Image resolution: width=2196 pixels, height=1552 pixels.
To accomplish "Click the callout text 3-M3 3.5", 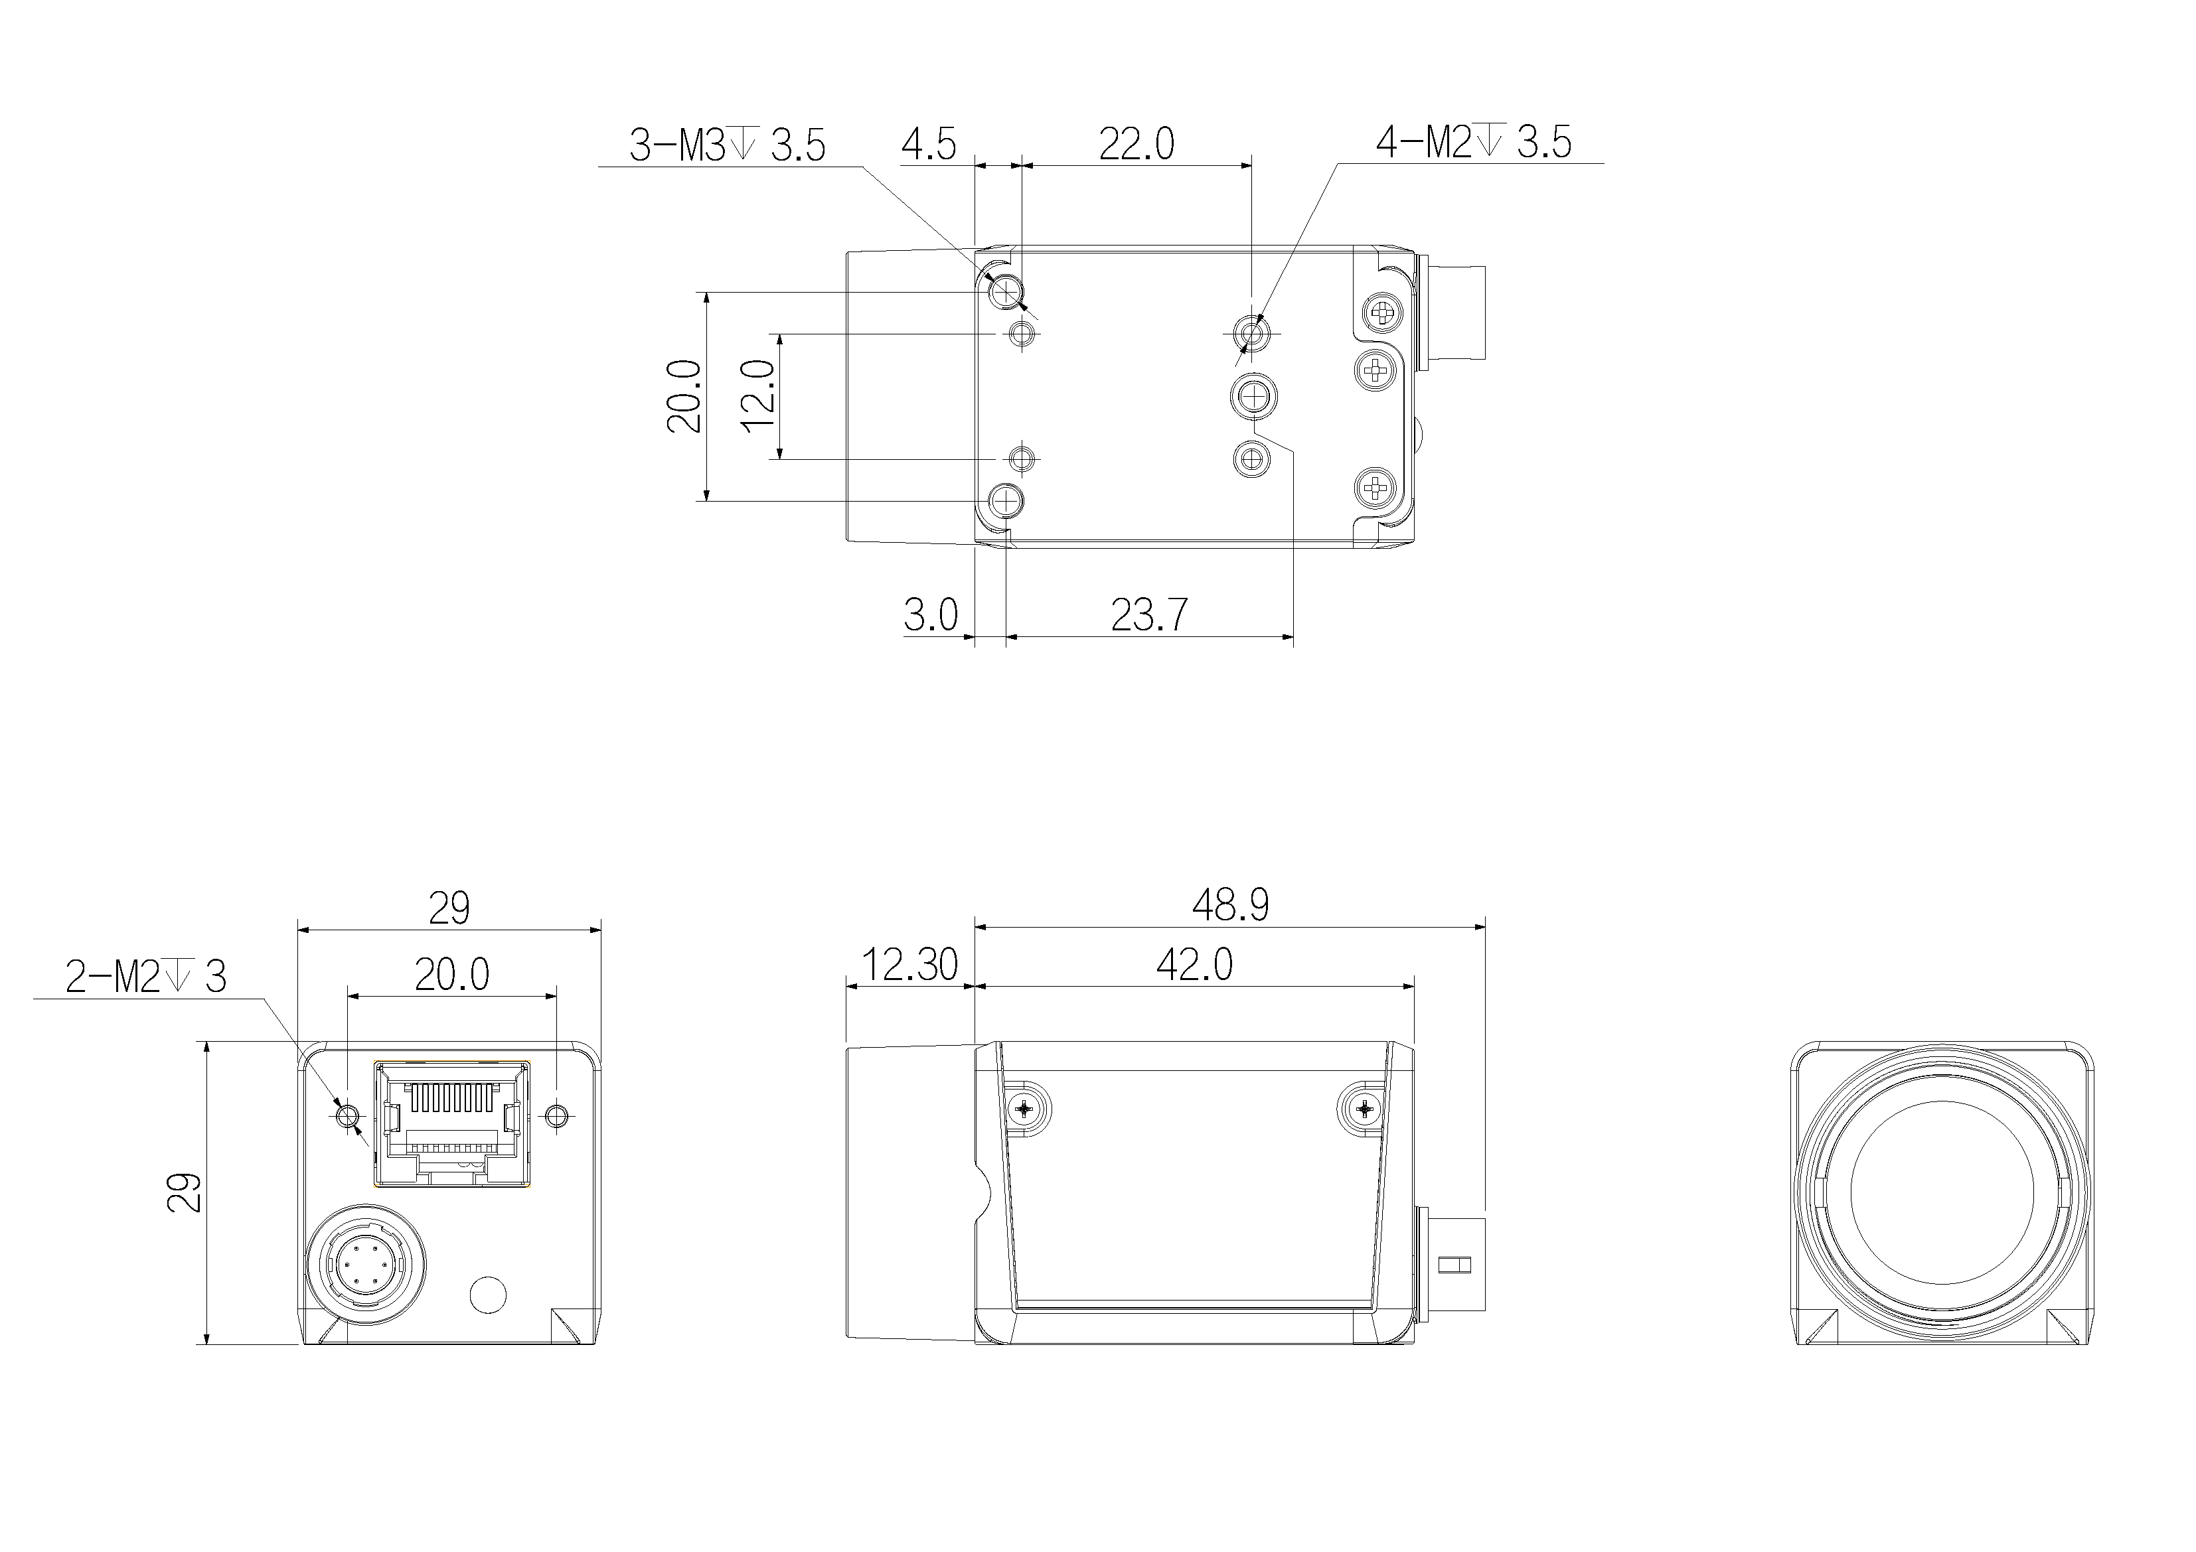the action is pos(727,145).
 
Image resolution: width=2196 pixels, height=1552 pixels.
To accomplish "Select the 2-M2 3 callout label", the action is pos(145,977).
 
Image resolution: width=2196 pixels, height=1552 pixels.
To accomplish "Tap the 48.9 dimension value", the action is pos(1230,904).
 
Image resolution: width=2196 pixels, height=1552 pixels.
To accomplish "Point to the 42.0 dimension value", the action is pos(1195,965).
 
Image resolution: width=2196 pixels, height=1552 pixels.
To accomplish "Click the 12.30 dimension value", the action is pos(909,965).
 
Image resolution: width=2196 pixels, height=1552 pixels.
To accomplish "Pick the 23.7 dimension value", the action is pos(1148,615).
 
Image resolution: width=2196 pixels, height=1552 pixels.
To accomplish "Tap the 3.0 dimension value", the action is pos(931,615).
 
